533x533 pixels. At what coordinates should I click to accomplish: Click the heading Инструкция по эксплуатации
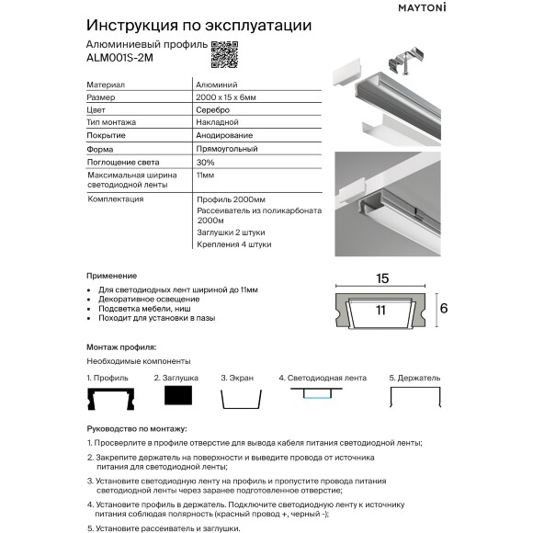(198, 25)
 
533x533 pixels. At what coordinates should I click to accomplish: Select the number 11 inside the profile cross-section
(380, 312)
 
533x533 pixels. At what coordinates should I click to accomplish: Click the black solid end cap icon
(177, 396)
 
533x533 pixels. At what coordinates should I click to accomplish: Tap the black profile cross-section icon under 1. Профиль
(111, 398)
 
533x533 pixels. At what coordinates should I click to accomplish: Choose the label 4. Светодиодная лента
(322, 377)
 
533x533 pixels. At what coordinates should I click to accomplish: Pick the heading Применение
(111, 276)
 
